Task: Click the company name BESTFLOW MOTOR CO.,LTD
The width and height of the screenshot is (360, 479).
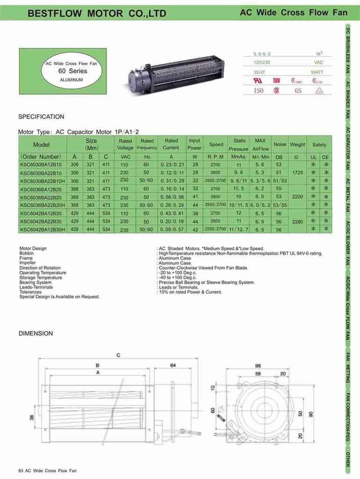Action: tap(97, 14)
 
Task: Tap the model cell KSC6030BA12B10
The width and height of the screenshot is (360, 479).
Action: tap(41, 165)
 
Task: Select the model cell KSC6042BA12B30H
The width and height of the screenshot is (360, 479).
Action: tap(42, 230)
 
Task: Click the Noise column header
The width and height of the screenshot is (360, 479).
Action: tap(280, 145)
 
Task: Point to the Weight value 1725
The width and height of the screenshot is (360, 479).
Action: tap(296, 173)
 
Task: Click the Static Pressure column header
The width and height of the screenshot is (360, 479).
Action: tap(239, 145)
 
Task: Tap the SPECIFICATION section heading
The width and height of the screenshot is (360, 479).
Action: tap(41, 116)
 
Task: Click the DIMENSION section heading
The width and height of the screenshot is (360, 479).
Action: tap(36, 334)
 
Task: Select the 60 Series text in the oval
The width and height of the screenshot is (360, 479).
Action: tap(72, 71)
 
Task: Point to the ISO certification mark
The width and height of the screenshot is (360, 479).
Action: tap(259, 91)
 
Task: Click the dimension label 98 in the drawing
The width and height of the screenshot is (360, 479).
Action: tap(258, 365)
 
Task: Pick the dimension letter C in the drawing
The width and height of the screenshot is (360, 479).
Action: tap(118, 355)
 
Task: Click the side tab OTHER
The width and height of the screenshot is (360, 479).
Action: tap(348, 459)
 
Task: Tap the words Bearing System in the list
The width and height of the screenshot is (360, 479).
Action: tap(36, 283)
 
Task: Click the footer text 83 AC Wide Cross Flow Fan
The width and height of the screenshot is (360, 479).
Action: tap(47, 471)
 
